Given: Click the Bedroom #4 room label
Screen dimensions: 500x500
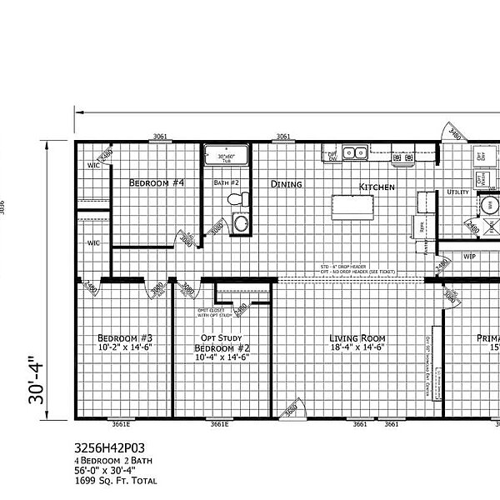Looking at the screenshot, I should click(157, 182).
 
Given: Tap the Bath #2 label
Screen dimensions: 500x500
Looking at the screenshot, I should click(227, 182).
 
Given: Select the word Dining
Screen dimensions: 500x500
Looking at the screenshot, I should click(286, 184).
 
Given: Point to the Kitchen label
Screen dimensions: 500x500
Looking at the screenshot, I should click(377, 187).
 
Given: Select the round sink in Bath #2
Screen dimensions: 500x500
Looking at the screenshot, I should click(242, 222).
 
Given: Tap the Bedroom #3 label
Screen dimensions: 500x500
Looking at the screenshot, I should click(124, 337).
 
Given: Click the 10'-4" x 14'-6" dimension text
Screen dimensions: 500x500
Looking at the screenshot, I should click(222, 357).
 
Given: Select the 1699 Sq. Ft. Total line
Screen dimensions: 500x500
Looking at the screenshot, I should click(114, 481).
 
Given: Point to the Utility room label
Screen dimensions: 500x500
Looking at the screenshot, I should click(457, 192).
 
